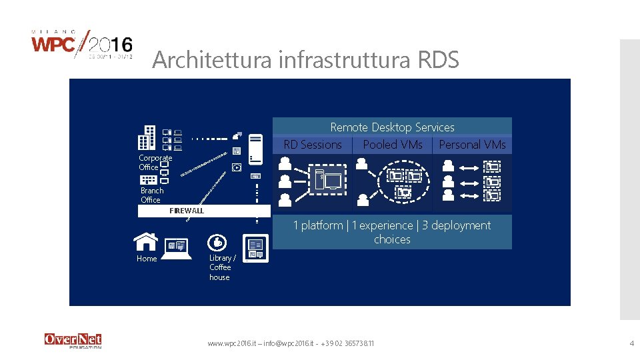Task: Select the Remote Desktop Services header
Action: (392, 127)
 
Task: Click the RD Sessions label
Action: (313, 145)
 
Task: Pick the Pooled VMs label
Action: (393, 145)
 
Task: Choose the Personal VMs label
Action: (472, 145)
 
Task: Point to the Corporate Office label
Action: (155, 163)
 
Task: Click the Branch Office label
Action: (151, 195)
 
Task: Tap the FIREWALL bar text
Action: (187, 211)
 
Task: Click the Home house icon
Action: (146, 241)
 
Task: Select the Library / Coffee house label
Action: (222, 267)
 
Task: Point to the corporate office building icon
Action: (147, 138)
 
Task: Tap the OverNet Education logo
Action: (73, 340)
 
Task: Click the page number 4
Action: (631, 343)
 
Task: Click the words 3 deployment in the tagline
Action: (456, 225)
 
